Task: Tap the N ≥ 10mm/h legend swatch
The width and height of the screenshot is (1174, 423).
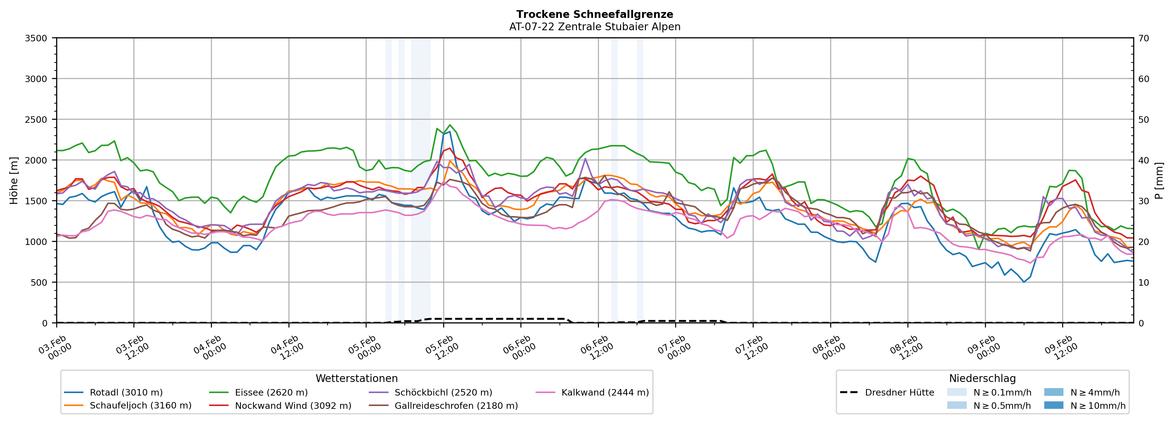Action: coord(1053,405)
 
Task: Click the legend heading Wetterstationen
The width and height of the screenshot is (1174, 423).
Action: coord(356,378)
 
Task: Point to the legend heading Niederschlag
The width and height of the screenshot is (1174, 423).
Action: coord(982,378)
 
